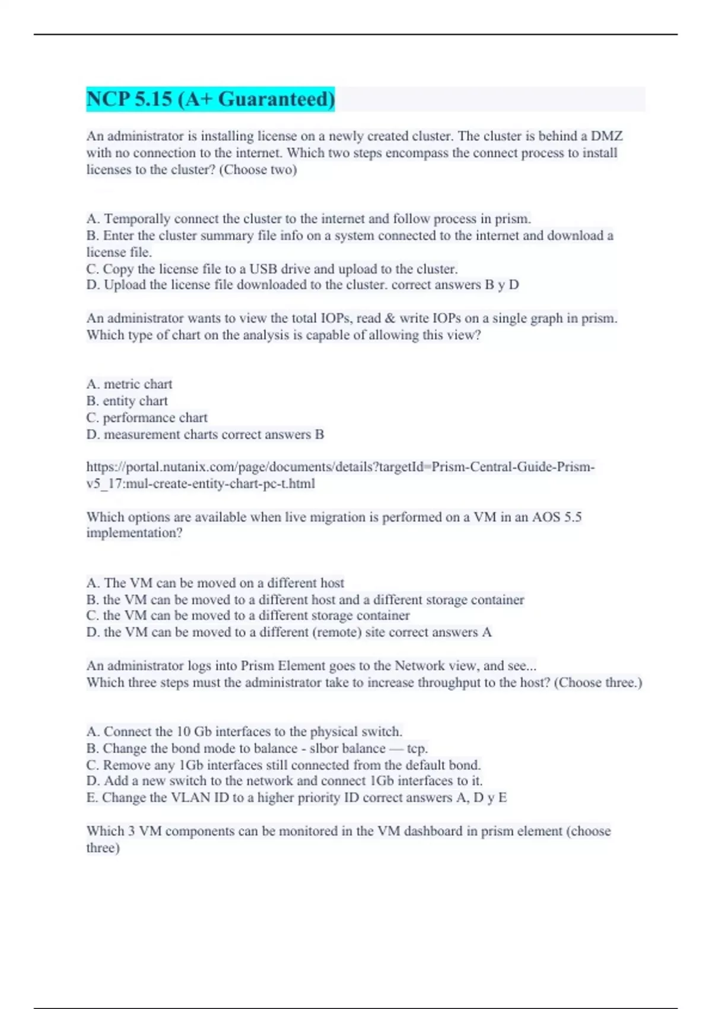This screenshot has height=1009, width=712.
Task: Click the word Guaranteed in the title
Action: (276, 99)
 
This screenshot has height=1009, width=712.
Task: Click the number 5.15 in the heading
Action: (153, 99)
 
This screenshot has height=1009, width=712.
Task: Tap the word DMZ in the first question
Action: (606, 136)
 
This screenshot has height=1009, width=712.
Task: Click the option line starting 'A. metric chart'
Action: (129, 384)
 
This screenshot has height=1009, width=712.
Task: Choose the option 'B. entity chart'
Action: (127, 401)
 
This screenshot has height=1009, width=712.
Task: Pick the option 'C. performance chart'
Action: (147, 417)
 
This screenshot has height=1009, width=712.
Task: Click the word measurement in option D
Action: (142, 434)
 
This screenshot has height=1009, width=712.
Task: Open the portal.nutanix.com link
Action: (340, 467)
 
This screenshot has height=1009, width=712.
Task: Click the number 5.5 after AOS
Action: (573, 517)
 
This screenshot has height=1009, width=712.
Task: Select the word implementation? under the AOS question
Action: (134, 533)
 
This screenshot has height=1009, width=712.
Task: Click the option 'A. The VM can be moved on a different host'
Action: (215, 583)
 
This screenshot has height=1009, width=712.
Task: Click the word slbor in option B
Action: (325, 748)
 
